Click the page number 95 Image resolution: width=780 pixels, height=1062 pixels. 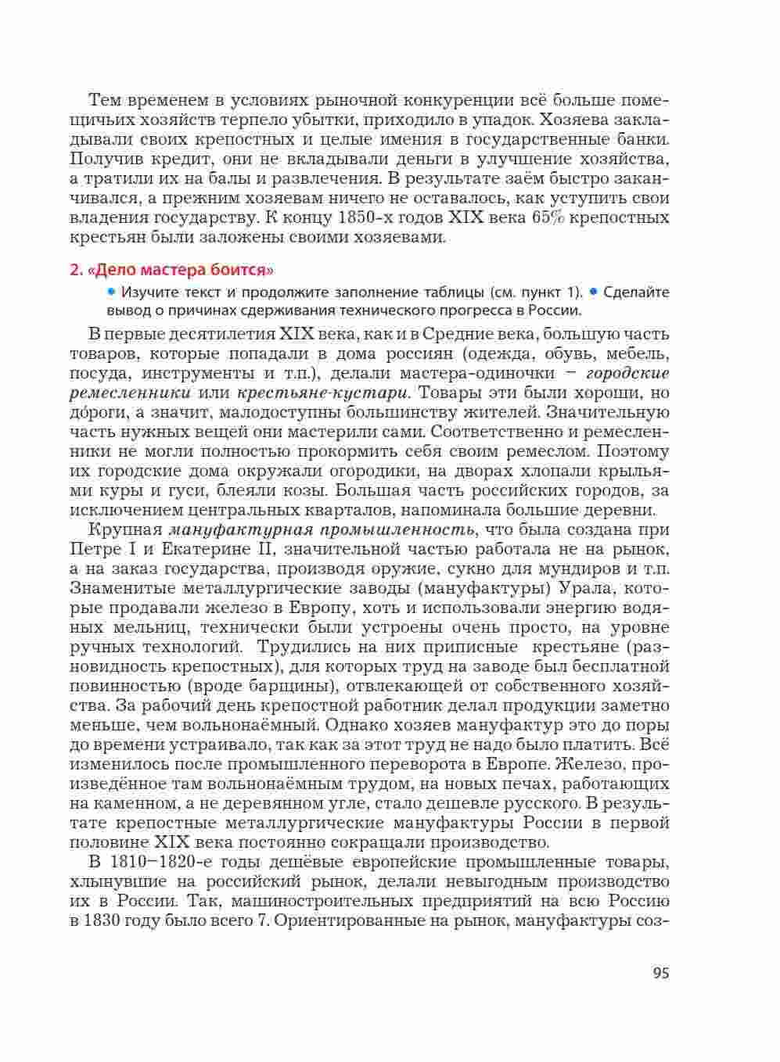[x=660, y=973]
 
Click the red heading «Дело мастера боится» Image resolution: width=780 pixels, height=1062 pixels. [x=171, y=271]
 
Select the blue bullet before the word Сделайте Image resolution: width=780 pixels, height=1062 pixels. [x=594, y=292]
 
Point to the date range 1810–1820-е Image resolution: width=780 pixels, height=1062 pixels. [x=156, y=862]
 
